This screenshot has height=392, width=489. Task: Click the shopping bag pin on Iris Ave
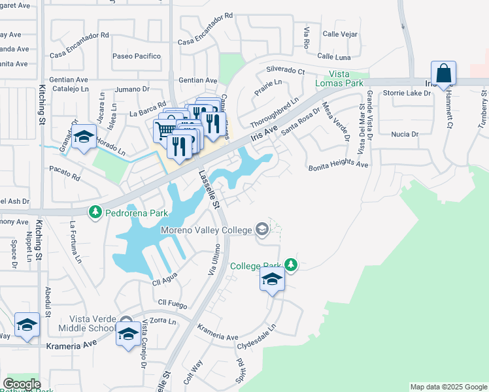coord(443,74)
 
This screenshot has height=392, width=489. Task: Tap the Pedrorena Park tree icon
coord(95,212)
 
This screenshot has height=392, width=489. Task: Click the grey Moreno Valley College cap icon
coord(261,229)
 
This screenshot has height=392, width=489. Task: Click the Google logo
coord(22,384)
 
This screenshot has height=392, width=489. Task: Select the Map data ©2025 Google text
coord(448,387)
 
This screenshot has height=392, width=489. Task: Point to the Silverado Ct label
coord(285,71)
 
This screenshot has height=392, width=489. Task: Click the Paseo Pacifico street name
coord(137,56)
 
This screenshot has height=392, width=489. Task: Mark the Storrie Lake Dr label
coord(407,93)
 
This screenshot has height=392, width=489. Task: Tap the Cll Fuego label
coord(173,305)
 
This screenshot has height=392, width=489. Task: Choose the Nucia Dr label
coord(405,134)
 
